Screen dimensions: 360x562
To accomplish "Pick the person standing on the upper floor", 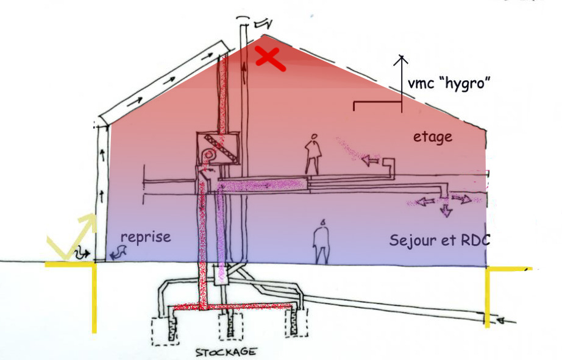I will [x=313, y=154].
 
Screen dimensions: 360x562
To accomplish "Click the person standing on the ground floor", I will [x=321, y=241].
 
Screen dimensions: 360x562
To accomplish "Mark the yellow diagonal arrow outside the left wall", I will [x=72, y=235].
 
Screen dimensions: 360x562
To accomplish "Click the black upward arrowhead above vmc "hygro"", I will [x=402, y=59].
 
